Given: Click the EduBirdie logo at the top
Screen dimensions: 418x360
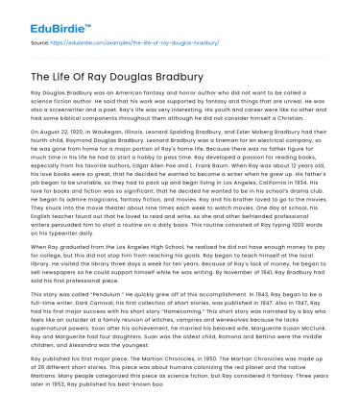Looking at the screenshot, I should tap(38, 13).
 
